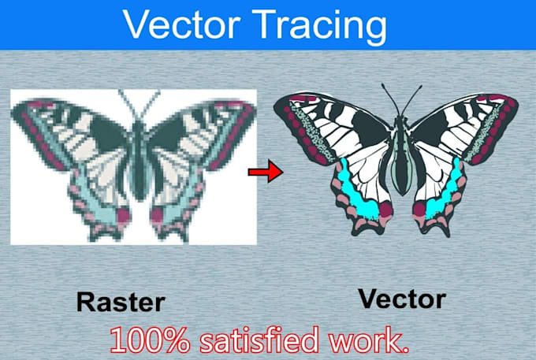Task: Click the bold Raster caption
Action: click(121, 302)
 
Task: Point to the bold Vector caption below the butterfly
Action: click(401, 299)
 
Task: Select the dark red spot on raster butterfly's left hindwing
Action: click(121, 214)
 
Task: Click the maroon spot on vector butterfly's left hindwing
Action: click(385, 209)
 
